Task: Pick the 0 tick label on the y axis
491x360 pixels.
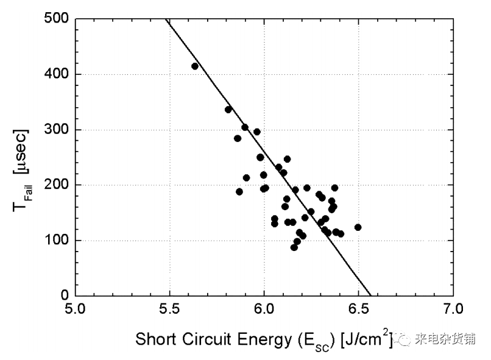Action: tap(63, 296)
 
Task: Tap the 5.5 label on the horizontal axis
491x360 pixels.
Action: tap(170, 310)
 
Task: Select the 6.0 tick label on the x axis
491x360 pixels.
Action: tap(264, 310)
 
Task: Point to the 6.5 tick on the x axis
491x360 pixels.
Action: tap(358, 310)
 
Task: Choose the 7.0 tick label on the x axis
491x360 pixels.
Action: tap(453, 310)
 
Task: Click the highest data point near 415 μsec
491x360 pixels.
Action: tap(195, 66)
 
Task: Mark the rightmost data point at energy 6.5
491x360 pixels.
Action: tap(358, 227)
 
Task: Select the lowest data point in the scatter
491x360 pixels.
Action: tap(294, 247)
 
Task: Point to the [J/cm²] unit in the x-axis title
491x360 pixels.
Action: tap(359, 338)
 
